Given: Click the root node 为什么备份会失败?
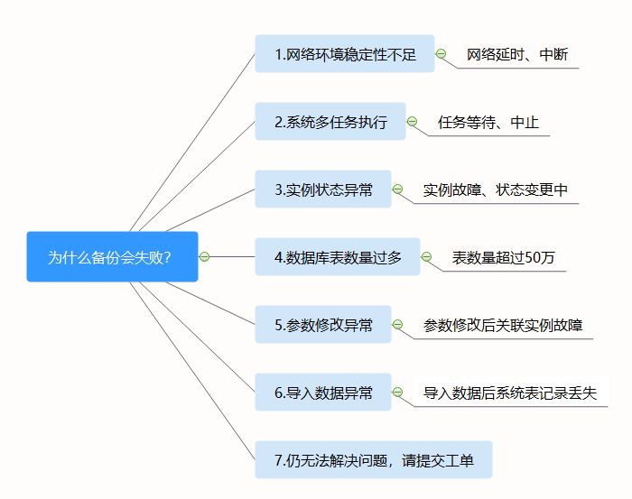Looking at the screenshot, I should click(112, 257).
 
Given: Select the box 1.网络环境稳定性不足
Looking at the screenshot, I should click(344, 54).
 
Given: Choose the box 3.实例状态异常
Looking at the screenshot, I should click(322, 189).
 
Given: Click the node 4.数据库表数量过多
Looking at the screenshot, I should click(337, 257).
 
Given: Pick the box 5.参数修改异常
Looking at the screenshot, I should click(322, 325).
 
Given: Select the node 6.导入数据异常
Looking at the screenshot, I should click(322, 393).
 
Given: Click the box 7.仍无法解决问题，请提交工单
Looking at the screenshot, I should click(373, 460).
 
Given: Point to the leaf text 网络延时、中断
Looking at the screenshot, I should click(517, 54).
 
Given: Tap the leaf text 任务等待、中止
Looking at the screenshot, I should click(488, 122).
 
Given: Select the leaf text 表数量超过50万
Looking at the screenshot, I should click(503, 257).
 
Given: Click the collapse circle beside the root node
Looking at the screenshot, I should click(204, 257).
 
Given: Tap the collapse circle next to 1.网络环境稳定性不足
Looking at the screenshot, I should click(441, 54).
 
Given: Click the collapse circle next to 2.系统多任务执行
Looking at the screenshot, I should click(412, 122).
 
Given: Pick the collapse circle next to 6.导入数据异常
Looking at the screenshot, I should click(397, 393).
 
